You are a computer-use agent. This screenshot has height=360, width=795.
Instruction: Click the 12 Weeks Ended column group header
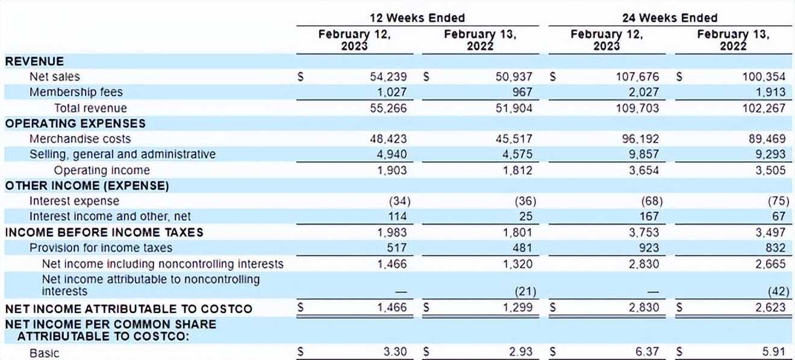point(417,18)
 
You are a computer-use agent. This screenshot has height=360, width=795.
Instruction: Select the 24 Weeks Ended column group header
point(670,18)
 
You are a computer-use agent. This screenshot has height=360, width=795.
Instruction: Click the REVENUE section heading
point(34,61)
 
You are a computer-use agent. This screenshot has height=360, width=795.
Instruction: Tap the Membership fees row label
point(76,92)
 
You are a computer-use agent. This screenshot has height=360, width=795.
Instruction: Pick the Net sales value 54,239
point(388,77)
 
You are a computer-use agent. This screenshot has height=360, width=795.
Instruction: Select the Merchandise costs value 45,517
point(513,139)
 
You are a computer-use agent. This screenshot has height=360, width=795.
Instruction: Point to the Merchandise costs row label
point(80,139)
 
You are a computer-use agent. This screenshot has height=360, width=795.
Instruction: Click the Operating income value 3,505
point(770,170)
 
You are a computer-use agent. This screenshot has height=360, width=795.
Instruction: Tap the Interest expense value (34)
point(397,201)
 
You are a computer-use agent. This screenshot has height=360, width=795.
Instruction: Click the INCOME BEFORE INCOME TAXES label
point(104,232)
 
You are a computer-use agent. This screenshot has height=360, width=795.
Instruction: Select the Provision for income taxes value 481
point(522,247)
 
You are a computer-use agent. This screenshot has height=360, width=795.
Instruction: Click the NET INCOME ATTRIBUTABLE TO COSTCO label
point(128,309)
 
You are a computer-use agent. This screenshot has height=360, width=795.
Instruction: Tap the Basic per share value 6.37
point(647,352)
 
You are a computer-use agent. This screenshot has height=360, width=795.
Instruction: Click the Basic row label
point(45,353)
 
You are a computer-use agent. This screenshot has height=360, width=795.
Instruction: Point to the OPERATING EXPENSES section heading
point(75,123)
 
